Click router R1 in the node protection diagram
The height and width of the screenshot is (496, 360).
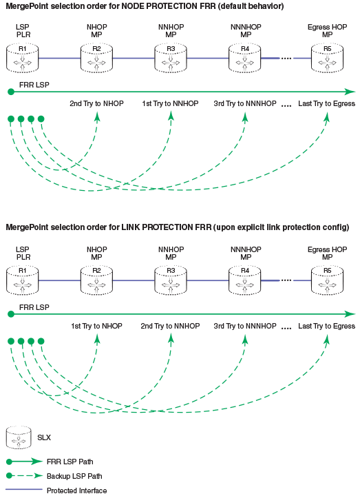[23, 59]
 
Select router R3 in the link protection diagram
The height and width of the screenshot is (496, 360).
[171, 280]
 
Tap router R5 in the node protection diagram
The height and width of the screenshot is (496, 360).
[327, 59]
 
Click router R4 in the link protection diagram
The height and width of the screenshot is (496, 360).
[245, 280]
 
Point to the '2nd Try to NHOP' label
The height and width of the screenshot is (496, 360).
[96, 103]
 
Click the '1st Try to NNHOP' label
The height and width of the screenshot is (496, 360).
[170, 103]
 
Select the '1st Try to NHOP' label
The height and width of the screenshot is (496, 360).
[96, 326]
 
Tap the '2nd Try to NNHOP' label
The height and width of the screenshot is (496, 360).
[170, 326]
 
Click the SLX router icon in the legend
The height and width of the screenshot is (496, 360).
[19, 437]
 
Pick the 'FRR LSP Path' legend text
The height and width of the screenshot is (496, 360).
[70, 462]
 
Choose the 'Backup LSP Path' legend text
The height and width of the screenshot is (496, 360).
[74, 476]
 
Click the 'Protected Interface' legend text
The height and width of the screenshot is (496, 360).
[77, 490]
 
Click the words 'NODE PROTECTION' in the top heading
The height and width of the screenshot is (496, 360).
[160, 6]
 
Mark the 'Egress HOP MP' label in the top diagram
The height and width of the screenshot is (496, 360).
[327, 31]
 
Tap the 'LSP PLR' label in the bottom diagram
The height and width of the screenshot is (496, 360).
[23, 253]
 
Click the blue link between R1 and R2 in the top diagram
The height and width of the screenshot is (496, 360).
[60, 58]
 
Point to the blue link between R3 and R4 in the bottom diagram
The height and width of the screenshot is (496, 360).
[208, 280]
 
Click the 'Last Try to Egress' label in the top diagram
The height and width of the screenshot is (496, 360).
[326, 103]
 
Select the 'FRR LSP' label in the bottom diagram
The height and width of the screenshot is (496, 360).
[34, 307]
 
